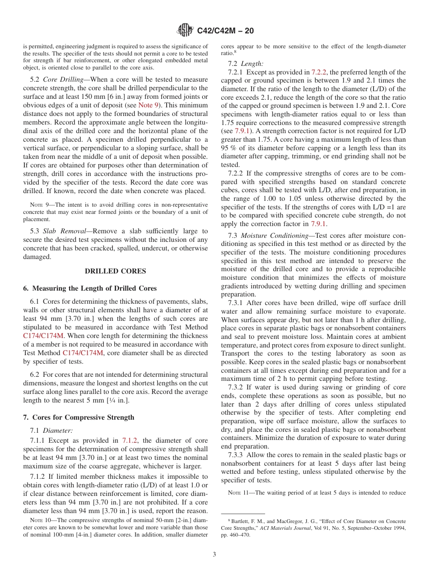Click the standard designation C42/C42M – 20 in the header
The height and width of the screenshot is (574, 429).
(225, 31)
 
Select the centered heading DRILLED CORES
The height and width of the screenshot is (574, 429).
(115, 271)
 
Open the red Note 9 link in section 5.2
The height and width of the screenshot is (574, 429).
(148, 105)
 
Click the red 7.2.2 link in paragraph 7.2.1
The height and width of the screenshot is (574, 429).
(319, 72)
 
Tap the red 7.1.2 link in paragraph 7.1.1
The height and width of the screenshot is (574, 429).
(130, 440)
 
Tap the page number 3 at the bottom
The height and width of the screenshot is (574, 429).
(214, 554)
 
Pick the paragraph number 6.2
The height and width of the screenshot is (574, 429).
(35, 375)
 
